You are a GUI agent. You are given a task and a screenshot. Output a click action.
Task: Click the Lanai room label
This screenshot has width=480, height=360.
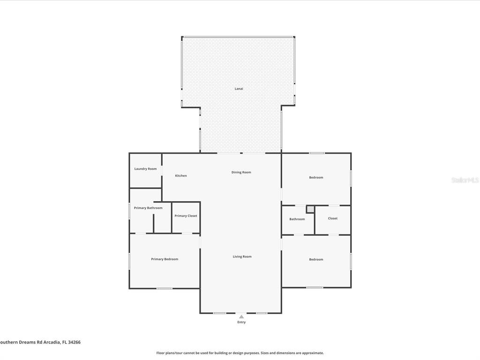click(239, 89)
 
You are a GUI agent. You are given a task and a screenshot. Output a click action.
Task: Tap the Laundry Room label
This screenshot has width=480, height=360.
click(145, 169)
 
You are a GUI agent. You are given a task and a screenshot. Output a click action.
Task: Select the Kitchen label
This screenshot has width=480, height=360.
click(181, 176)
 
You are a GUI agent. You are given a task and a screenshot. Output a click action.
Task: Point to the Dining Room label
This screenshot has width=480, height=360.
click(241, 172)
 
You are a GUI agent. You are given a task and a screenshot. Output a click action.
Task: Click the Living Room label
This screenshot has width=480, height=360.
click(242, 256)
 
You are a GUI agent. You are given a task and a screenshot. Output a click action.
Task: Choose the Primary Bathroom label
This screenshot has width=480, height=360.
click(148, 208)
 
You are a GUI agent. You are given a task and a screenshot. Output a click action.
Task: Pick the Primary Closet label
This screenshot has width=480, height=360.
click(186, 216)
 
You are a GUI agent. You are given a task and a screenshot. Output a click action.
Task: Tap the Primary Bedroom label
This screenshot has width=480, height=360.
click(165, 259)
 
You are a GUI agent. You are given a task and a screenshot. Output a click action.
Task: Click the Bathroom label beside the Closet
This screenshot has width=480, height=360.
click(297, 219)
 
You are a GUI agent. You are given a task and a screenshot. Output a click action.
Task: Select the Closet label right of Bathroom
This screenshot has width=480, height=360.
click(333, 218)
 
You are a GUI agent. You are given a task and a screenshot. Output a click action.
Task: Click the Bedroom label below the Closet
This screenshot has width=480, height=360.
click(316, 259)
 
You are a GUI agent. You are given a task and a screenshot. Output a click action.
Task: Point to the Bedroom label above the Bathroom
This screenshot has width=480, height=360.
click(316, 178)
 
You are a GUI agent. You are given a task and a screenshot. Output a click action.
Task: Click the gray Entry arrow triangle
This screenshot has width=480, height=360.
click(241, 317)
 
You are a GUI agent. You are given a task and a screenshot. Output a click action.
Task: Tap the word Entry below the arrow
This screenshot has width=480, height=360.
click(241, 322)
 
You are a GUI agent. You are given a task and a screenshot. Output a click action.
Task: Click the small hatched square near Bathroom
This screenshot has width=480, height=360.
click(310, 209)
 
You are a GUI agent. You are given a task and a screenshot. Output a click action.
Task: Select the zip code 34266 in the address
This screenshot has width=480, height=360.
click(75, 342)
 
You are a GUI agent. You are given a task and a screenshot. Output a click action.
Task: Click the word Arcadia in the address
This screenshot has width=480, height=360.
click(52, 342)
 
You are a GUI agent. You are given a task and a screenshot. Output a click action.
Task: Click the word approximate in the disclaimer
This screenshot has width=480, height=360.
click(313, 353)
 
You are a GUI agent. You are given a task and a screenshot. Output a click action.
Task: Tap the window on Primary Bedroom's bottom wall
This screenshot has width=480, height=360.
click(165, 288)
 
